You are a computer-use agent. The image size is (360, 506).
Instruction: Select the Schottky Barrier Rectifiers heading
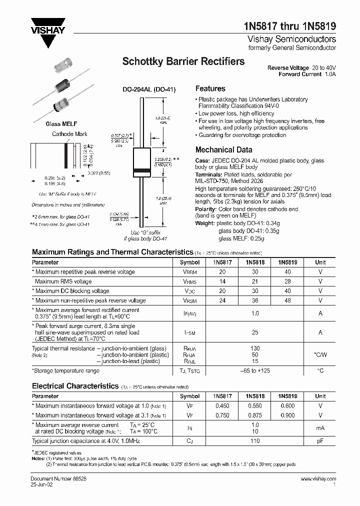(x=183, y=62)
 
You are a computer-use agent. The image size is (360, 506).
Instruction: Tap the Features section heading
(x=210, y=88)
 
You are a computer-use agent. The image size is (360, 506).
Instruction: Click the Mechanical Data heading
(x=221, y=149)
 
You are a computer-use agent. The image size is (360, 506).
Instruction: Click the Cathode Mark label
(x=69, y=134)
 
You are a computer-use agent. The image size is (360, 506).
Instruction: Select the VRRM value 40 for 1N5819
(x=287, y=272)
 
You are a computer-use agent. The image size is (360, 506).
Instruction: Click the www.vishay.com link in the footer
(x=318, y=479)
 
